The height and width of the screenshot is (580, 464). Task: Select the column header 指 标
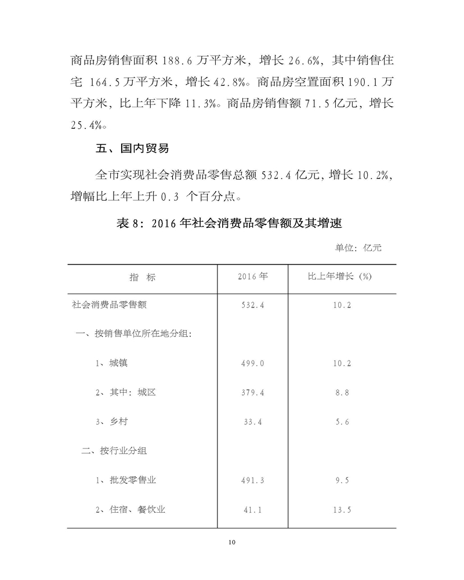click(x=143, y=277)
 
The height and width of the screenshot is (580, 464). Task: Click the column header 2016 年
click(x=252, y=277)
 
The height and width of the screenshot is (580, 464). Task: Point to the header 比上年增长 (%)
click(x=339, y=277)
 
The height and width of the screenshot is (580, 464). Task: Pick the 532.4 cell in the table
click(x=252, y=305)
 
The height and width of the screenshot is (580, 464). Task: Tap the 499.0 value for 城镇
click(x=252, y=364)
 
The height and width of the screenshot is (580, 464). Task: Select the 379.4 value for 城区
click(x=252, y=393)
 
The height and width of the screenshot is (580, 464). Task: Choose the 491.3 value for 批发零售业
click(x=252, y=480)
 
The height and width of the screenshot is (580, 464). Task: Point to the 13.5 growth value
click(x=340, y=510)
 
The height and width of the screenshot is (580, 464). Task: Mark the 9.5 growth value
click(x=340, y=480)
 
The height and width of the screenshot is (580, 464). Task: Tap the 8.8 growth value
click(x=340, y=393)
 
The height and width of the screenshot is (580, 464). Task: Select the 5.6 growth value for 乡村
click(x=340, y=422)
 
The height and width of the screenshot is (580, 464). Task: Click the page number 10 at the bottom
click(x=231, y=542)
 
